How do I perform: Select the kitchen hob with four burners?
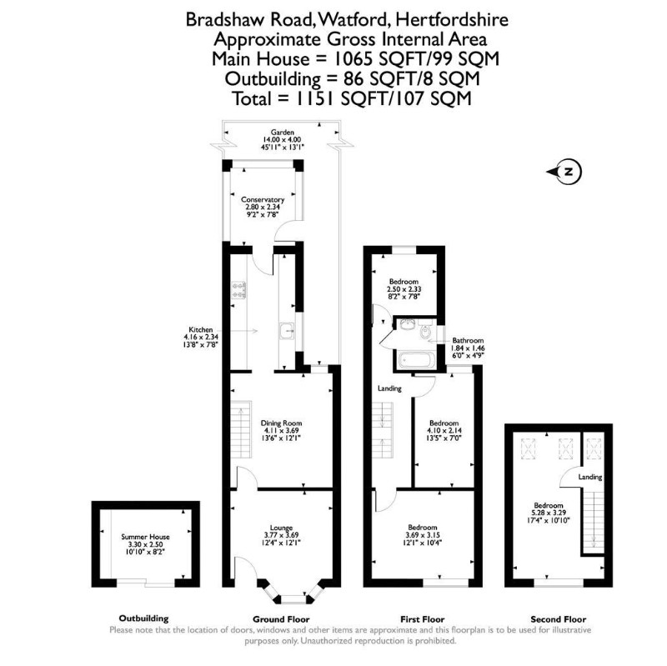[x=238, y=290]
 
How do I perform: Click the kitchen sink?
[x=287, y=331]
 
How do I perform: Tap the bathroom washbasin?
[x=407, y=324]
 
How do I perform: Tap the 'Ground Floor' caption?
[x=281, y=619]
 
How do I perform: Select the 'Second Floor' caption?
[x=558, y=619]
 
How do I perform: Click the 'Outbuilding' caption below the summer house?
[x=143, y=618]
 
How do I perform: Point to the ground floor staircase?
[x=241, y=429]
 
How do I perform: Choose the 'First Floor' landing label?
[x=389, y=388]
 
